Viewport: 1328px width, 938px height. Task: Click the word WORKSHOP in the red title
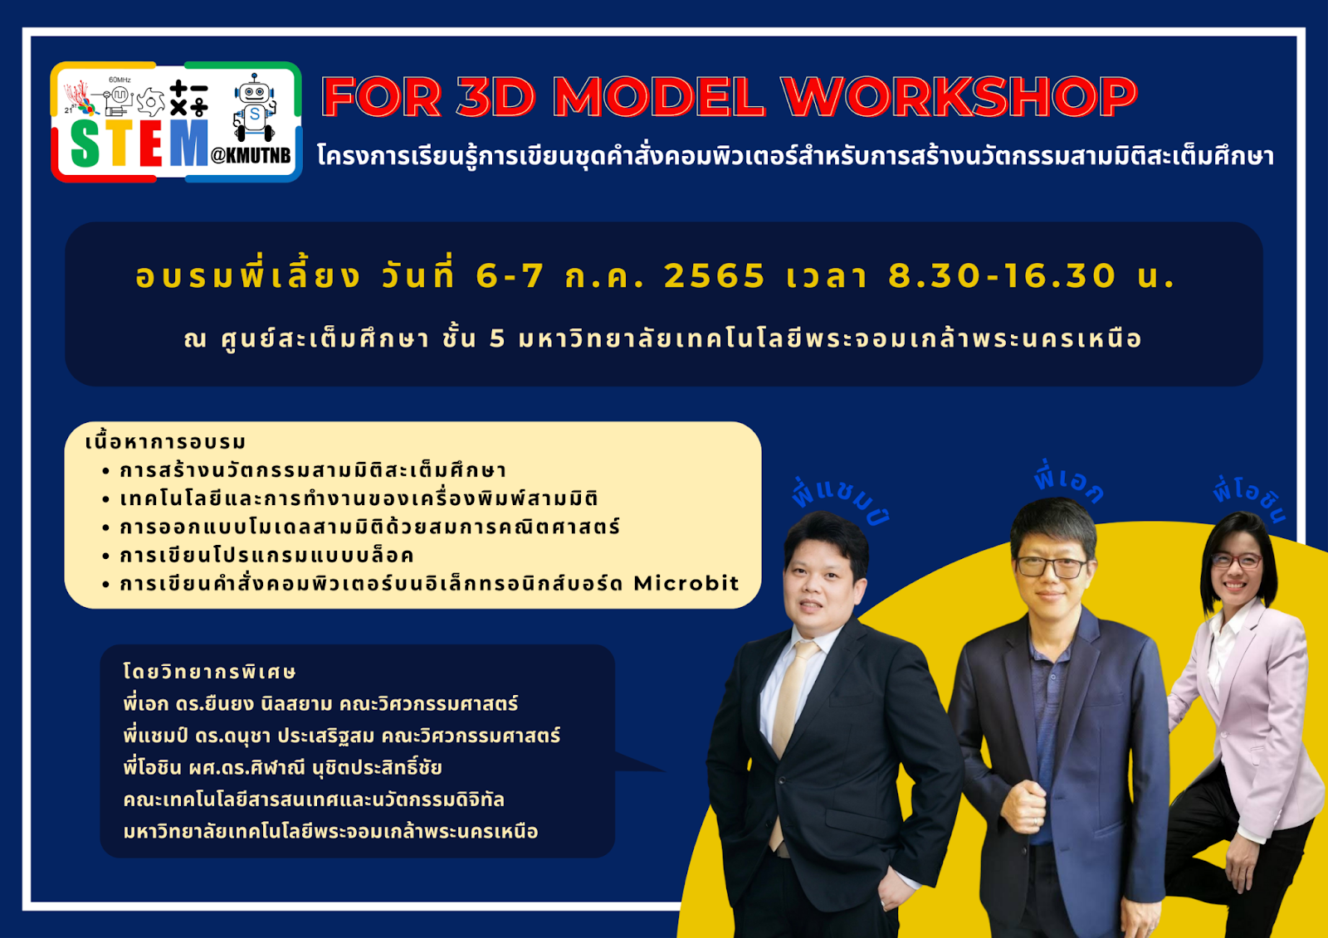[959, 96]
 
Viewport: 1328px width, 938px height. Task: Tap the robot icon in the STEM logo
[254, 107]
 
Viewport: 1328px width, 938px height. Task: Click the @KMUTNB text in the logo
[251, 155]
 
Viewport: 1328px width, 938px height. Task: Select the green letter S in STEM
[85, 143]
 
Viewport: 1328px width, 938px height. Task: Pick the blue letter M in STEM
[188, 143]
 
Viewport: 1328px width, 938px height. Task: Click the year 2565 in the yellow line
[715, 276]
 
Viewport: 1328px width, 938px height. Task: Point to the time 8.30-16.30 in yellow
[1003, 276]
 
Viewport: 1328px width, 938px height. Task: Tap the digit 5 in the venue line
[497, 338]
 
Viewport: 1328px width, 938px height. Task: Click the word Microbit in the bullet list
[686, 584]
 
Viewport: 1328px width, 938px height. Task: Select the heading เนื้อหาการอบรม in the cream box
[165, 442]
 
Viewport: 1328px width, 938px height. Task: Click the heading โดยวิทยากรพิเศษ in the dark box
[209, 671]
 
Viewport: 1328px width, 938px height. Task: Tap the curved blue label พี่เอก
[1068, 483]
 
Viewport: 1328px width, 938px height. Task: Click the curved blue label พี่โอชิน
[1250, 501]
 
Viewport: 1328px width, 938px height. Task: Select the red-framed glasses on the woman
[1237, 561]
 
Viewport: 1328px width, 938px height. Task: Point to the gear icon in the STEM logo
[150, 101]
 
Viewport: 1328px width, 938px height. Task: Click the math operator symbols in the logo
[188, 99]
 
